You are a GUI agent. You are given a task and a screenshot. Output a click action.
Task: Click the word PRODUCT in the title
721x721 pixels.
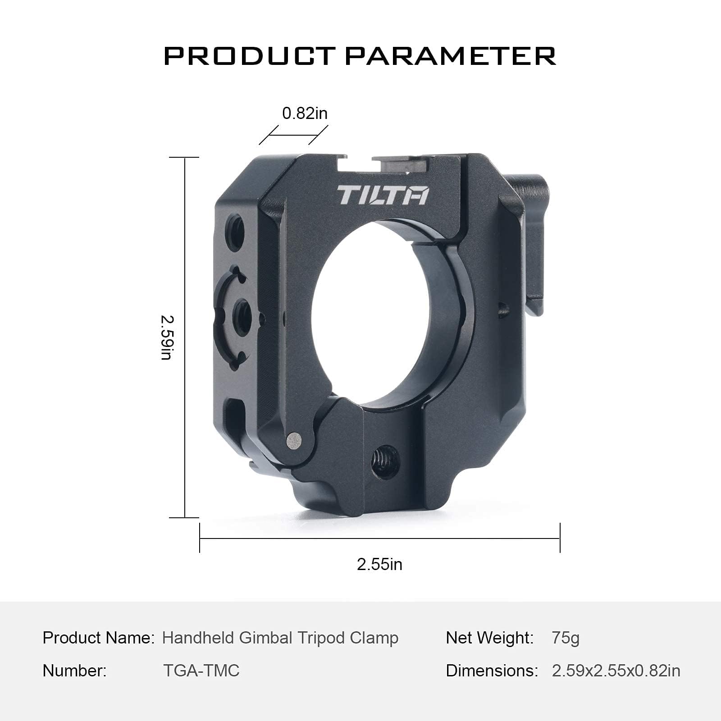pos(249,56)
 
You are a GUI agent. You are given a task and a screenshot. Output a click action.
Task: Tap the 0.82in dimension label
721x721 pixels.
pos(305,113)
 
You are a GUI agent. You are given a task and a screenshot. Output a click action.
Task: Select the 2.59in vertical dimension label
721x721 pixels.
pos(166,337)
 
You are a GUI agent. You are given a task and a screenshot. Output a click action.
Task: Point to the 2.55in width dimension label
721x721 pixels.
pos(379,564)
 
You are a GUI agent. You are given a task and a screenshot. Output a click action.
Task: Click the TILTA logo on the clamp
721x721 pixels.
pos(383,195)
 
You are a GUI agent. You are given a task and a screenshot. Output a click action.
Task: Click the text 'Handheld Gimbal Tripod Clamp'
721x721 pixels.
pos(280,638)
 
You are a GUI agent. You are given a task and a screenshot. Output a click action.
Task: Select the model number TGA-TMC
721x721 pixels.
pos(201,671)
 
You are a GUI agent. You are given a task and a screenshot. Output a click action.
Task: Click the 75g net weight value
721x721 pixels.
pos(566,638)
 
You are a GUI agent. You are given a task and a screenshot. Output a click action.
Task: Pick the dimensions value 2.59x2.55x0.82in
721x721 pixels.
pos(616,671)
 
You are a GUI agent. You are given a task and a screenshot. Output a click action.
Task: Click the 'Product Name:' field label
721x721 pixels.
pos(99,638)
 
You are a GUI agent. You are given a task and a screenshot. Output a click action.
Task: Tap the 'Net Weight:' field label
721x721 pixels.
pos(490,638)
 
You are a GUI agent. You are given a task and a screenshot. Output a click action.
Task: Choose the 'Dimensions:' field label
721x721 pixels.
pos(492,671)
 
